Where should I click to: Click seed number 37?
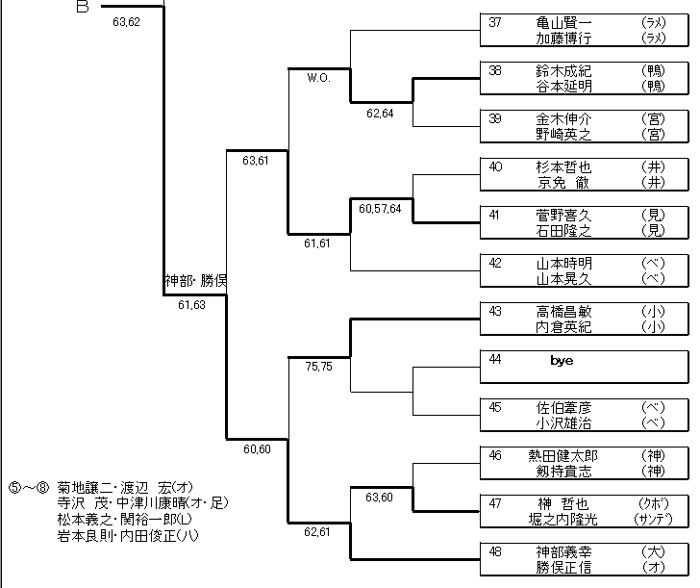(x=496, y=22)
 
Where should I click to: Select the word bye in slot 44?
(x=562, y=359)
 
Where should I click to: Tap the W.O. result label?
(x=320, y=79)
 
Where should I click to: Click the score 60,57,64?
(x=381, y=208)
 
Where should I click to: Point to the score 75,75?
(x=318, y=367)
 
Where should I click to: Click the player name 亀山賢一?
(x=564, y=22)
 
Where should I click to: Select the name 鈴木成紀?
(x=564, y=70)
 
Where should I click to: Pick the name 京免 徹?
(x=564, y=183)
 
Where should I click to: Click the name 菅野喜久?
(x=564, y=216)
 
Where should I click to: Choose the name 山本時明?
(x=564, y=263)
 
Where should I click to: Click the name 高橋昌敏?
(x=564, y=311)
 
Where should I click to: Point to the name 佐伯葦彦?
(x=564, y=407)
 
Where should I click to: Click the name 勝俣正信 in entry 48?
(x=564, y=568)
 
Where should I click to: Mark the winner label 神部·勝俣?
(x=194, y=283)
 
